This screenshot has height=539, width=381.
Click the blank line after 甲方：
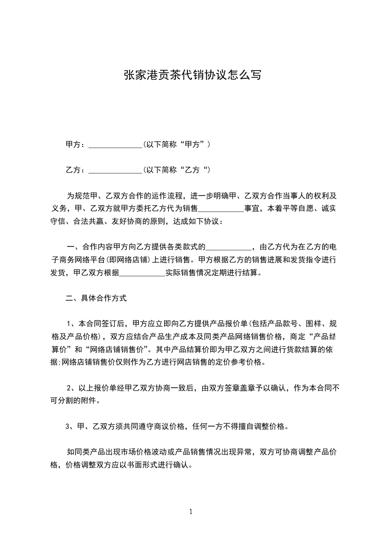click(116, 144)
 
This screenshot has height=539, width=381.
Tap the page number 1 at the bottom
click(191, 512)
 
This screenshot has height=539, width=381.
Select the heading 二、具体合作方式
click(96, 298)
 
